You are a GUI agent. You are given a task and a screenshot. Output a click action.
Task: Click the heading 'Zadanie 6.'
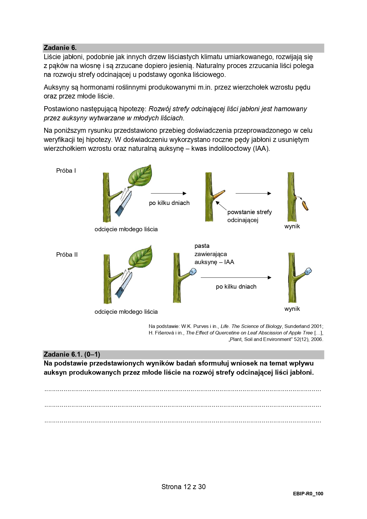coord(60,48)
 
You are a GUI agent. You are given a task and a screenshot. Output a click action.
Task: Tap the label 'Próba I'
coord(66,171)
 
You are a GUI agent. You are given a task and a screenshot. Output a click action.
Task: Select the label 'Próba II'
coord(67,255)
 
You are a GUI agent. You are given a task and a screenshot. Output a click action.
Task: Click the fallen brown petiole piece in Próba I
coord(305,206)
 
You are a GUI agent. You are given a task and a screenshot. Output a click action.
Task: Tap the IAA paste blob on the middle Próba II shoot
coord(193,271)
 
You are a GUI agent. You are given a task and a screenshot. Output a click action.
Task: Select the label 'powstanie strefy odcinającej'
coord(249,216)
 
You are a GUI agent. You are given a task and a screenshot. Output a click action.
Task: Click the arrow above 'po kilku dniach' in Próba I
coord(169,193)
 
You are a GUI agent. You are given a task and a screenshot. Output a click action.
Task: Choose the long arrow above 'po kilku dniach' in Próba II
coord(236,277)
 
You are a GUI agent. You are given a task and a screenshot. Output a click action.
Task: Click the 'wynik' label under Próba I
coord(292,227)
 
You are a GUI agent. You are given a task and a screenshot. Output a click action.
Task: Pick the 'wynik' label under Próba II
coord(292,309)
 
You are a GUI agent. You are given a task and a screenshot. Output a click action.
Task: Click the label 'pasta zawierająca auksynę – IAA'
coord(214,254)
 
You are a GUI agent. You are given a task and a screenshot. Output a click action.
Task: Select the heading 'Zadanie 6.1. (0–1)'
coord(72,354)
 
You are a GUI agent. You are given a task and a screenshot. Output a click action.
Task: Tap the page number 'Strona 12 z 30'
coord(183,487)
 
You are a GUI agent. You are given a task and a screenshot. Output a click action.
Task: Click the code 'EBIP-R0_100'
coord(308,494)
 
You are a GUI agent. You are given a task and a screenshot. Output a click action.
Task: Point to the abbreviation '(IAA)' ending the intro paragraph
coord(261,148)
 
